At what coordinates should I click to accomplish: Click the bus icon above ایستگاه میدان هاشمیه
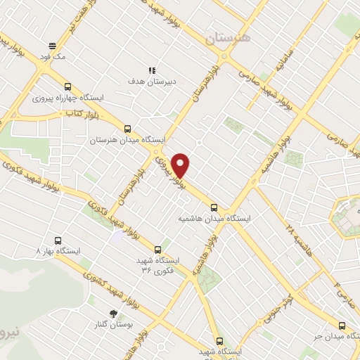click(214, 207)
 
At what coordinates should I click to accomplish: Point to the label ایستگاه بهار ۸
click(59, 251)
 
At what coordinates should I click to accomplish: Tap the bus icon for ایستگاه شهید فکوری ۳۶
click(157, 249)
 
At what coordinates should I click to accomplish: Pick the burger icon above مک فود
click(52, 46)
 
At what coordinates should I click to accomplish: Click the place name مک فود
click(53, 57)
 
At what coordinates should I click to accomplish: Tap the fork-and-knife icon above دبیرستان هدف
click(151, 70)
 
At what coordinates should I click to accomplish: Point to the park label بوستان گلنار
click(117, 326)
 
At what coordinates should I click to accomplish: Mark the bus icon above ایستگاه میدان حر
click(342, 325)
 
